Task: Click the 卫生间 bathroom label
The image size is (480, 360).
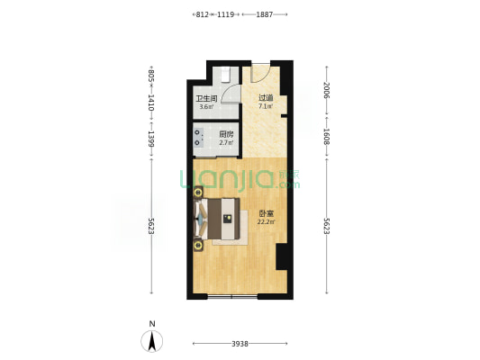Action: pos(206,99)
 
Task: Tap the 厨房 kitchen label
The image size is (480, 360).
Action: pos(227,134)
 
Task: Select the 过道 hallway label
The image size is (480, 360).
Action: pos(266,98)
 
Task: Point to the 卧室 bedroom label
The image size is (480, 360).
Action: pos(266,213)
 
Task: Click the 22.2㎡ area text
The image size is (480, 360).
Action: pos(266,222)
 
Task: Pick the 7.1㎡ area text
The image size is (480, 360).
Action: pos(266,107)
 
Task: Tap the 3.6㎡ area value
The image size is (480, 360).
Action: pos(206,107)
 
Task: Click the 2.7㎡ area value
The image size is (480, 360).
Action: pos(227,142)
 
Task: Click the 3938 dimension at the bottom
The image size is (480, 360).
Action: pos(240,344)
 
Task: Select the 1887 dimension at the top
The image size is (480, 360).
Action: pos(264,14)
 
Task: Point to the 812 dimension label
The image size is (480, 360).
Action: pos(203,14)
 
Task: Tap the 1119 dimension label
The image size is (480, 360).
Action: pos(226,14)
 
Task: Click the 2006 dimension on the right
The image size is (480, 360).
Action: pos(327,90)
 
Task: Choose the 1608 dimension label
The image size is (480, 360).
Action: pos(327,137)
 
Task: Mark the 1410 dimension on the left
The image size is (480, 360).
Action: pos(151,103)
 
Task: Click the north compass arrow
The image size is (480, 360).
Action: pos(152,341)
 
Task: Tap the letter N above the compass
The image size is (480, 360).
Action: pos(152,324)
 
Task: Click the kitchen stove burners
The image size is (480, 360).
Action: pos(198,138)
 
